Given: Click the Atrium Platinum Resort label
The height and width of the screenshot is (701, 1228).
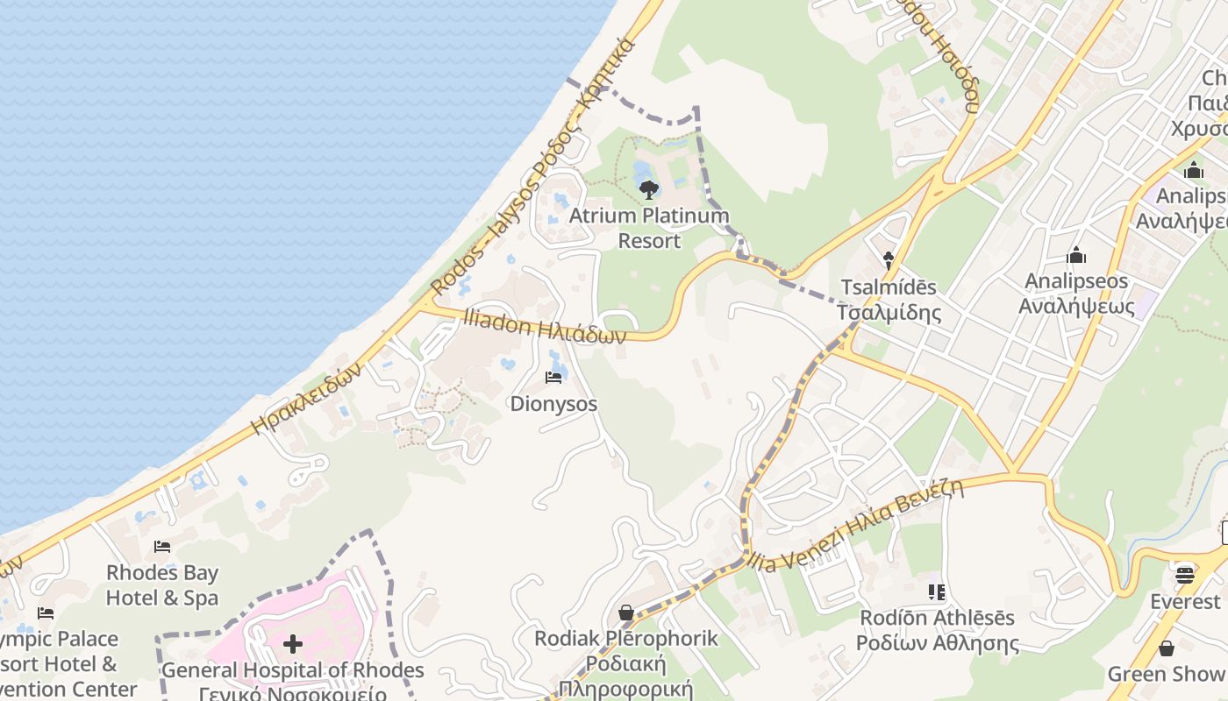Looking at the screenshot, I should pos(649,228).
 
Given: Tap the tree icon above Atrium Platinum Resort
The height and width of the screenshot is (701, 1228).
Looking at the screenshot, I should pos(649,189).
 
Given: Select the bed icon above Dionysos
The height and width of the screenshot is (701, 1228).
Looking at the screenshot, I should pos(553,378).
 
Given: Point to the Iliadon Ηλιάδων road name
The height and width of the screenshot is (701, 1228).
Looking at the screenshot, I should pos(545,329).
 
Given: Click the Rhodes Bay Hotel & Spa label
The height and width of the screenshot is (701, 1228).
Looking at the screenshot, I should pos(162,585).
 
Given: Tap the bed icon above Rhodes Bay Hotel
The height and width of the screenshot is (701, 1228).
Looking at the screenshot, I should pos(162,547).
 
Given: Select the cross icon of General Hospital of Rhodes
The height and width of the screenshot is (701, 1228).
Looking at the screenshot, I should pos(293,645).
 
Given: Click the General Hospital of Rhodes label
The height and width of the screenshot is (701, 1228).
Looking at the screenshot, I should pos(293,671).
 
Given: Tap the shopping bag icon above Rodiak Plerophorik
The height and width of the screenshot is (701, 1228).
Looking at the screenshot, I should pos(626,612).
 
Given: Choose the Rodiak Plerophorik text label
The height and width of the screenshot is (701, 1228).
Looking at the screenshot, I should pos(626,639).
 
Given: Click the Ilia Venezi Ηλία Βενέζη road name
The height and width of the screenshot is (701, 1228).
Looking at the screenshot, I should pos(856,525).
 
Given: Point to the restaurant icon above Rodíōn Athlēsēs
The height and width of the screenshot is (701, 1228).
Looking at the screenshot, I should pos(937,592).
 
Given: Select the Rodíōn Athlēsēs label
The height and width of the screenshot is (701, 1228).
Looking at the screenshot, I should pos(937,619).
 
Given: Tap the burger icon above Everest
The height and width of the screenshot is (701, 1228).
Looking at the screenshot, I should pos(1185,575).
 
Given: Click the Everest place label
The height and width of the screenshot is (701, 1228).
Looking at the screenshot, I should pos(1185,602).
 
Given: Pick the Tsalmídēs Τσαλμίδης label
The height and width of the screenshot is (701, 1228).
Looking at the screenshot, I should pos(888,300).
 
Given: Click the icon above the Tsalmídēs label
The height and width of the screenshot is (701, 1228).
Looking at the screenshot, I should pos(888,260).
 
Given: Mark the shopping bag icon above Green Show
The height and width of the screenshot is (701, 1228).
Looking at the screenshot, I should pos(1166,648).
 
